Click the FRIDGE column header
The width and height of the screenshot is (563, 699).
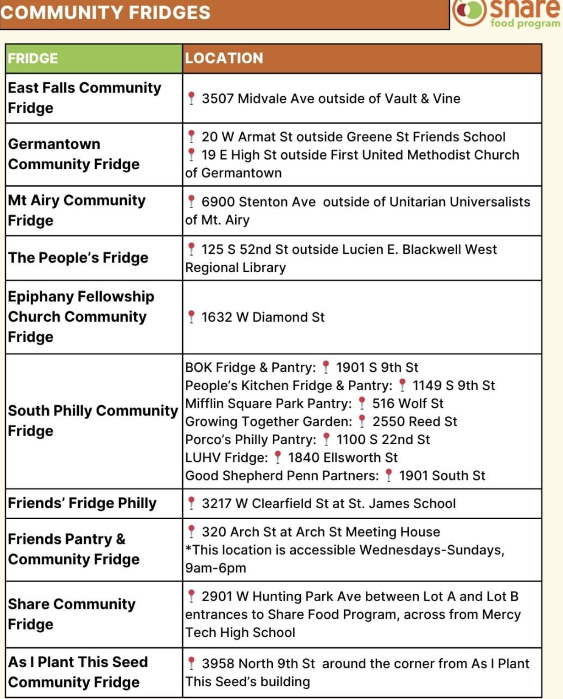pyautogui.click(x=33, y=59)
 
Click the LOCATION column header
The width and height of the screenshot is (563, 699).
pyautogui.click(x=224, y=58)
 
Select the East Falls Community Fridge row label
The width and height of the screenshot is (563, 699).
pyautogui.click(x=84, y=97)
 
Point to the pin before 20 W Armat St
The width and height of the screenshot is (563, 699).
pyautogui.click(x=192, y=136)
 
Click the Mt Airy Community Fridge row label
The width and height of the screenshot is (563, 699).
pyautogui.click(x=76, y=210)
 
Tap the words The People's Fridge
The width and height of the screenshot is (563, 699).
pyautogui.click(x=78, y=258)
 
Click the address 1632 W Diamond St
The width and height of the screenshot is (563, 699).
pyautogui.click(x=263, y=317)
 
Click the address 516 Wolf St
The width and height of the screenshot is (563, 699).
pyautogui.click(x=407, y=403)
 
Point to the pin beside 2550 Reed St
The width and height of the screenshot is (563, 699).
pyautogui.click(x=362, y=421)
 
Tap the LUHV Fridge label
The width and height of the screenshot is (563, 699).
pyautogui.click(x=226, y=457)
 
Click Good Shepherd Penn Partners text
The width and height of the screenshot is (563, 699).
pyautogui.click(x=281, y=476)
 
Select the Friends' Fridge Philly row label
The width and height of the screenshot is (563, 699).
pyautogui.click(x=82, y=503)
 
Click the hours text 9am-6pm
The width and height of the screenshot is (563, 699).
pyautogui.click(x=216, y=568)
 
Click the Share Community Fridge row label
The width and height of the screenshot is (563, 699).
pyautogui.click(x=71, y=614)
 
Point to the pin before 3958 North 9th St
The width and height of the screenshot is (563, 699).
pyautogui.click(x=192, y=663)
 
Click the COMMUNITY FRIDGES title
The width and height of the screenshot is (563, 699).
pyautogui.click(x=105, y=12)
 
